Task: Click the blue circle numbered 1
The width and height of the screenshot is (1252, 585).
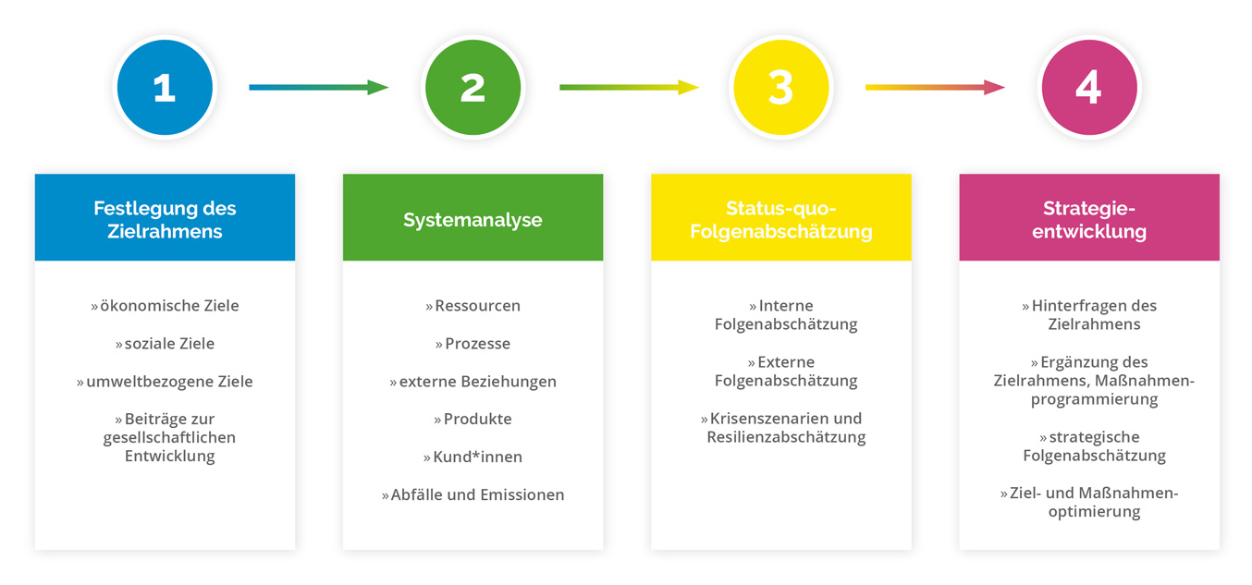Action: point(165,88)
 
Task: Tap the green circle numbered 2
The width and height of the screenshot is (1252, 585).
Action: point(473,88)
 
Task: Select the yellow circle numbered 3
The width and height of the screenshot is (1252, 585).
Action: point(780,88)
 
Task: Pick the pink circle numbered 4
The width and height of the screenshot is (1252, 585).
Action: point(1088,88)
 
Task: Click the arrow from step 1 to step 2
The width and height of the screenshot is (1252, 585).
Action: point(318,88)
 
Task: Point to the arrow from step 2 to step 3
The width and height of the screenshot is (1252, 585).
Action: point(629,88)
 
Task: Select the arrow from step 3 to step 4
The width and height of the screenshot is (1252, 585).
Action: point(935,88)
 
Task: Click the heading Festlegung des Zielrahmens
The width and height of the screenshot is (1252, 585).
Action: point(165,219)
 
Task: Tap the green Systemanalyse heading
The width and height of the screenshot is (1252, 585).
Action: point(473,220)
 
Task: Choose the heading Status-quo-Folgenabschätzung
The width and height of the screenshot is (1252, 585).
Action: point(780,219)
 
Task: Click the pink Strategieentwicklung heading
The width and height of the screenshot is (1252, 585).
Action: point(1088,219)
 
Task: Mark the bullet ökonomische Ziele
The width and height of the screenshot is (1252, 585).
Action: point(165,306)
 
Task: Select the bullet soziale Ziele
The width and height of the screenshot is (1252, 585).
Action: point(165,344)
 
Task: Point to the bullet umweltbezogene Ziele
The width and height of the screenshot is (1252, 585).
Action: point(165,382)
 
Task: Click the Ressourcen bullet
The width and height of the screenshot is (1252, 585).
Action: point(473,306)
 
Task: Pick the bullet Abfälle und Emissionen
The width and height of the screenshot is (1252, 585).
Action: point(473,495)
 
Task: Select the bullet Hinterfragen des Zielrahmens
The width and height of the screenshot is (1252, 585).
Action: point(1088,315)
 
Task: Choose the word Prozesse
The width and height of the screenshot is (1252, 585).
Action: point(477,344)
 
